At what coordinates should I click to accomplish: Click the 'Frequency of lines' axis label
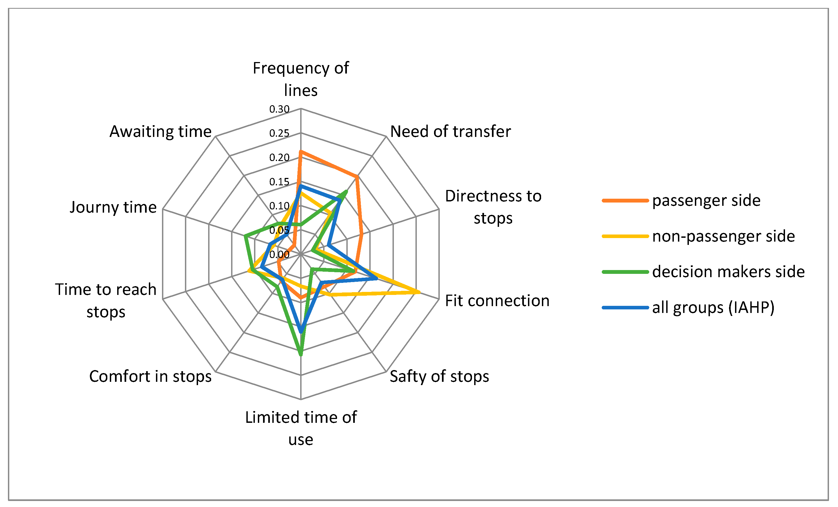pos(301,79)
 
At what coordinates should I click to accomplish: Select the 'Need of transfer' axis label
pos(450,131)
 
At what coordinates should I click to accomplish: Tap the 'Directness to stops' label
pos(493,207)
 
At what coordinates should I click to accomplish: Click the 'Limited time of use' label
pos(301,428)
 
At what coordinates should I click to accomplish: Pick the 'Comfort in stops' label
pos(150,376)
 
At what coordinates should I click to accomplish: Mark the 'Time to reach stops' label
pos(106,300)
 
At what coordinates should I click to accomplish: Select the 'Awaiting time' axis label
pos(161,131)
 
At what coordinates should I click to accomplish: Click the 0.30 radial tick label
pos(279,109)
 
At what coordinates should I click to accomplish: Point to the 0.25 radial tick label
pos(279,133)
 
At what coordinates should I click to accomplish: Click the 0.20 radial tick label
pos(279,157)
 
